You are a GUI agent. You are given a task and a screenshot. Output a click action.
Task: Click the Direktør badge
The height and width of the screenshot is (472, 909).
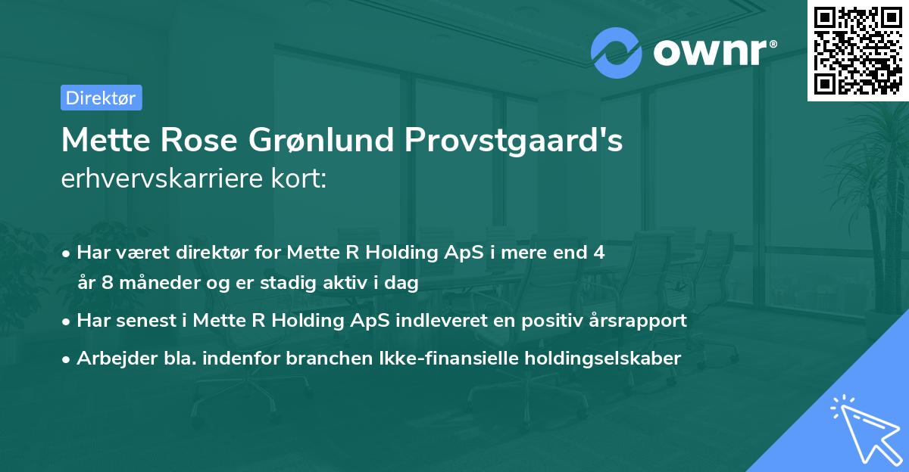pos(102,98)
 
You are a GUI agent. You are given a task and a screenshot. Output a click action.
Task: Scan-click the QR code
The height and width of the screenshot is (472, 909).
pos(857,50)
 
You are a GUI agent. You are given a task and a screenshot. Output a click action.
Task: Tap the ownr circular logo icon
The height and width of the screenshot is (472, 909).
pos(617,53)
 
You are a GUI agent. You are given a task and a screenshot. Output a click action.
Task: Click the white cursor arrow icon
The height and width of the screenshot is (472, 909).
pos(865,429)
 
